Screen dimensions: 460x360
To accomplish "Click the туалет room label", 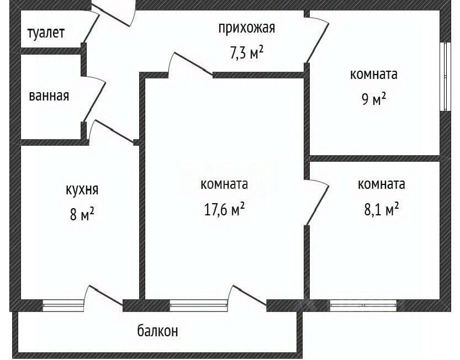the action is click(46, 33).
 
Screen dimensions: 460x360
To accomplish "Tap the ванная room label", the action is click(49, 96).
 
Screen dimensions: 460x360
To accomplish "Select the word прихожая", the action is click(246, 28).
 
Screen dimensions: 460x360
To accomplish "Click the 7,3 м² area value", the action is click(246, 53).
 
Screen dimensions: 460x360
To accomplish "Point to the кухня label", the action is click(81, 190).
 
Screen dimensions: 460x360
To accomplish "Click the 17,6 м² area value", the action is click(224, 210).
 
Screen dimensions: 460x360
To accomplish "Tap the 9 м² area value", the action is click(373, 99).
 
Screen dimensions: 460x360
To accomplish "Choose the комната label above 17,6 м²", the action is click(224, 184).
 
